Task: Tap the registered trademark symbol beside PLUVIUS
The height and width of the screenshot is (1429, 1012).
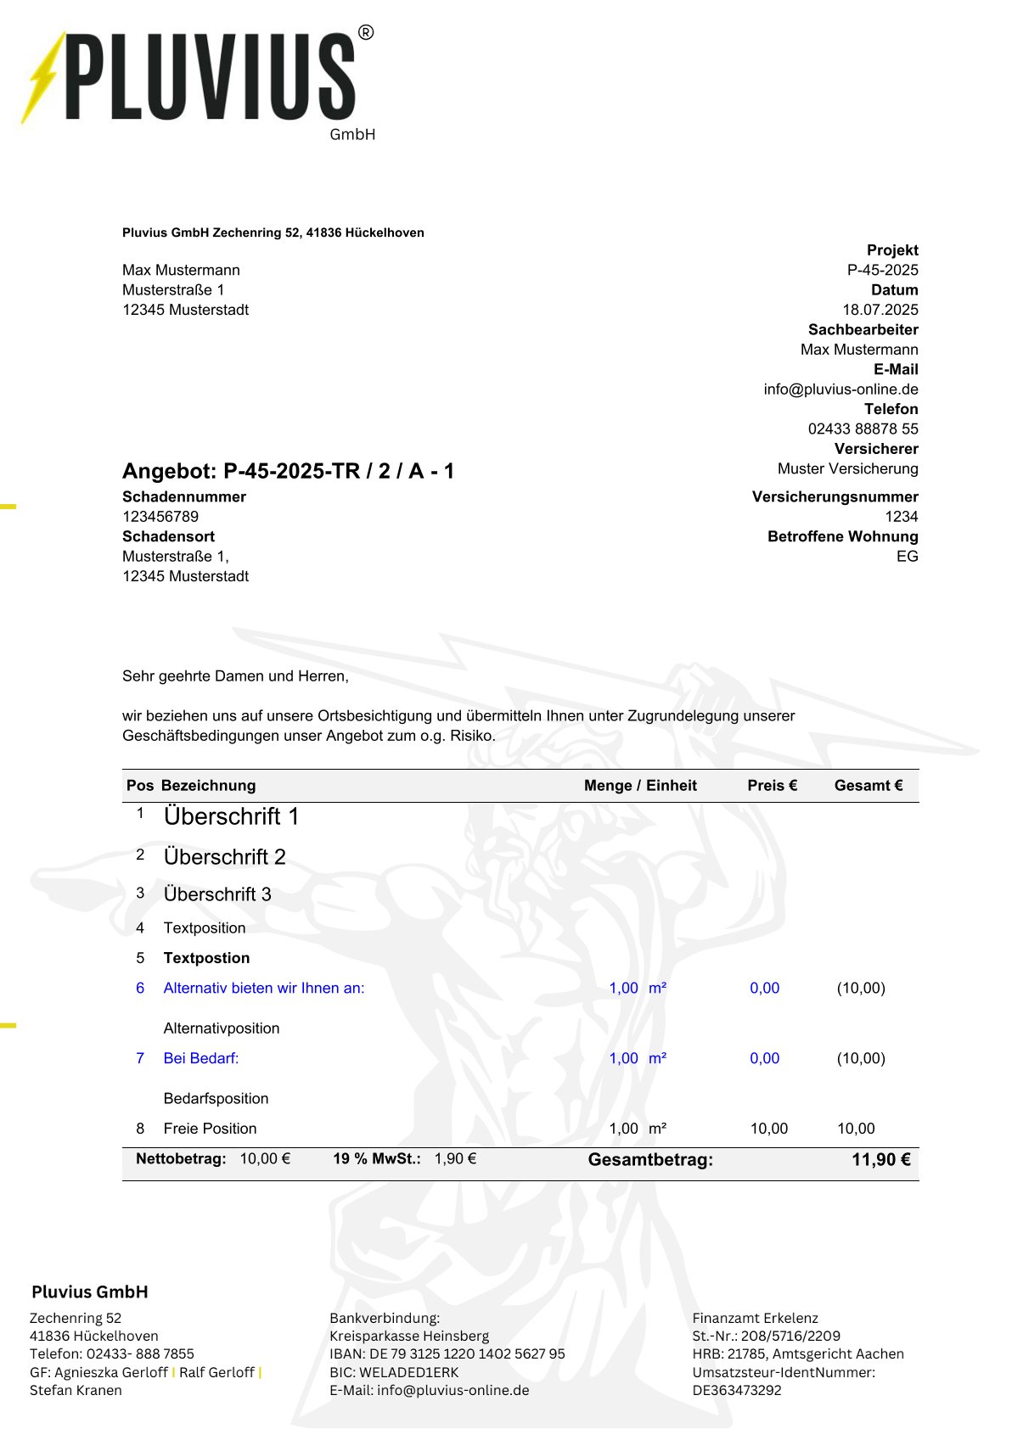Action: [x=366, y=33]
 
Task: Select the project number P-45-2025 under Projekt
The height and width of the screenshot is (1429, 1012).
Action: [x=882, y=270]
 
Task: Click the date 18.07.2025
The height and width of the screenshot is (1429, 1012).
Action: [x=880, y=310]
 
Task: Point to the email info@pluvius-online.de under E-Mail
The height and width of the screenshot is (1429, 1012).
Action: [x=841, y=389]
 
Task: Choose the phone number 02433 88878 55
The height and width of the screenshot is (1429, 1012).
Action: [x=863, y=429]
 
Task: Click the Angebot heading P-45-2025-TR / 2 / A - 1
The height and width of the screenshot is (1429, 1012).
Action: [x=288, y=471]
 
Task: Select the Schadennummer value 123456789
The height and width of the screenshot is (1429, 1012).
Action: [x=160, y=517]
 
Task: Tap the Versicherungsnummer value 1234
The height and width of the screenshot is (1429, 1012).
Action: [x=901, y=517]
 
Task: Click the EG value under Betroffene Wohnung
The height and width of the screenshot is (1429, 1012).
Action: [x=907, y=557]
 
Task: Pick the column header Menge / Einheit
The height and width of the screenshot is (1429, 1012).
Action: [x=640, y=786]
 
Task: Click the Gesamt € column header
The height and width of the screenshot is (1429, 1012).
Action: [x=868, y=786]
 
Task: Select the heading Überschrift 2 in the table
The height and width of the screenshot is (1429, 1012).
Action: [x=224, y=857]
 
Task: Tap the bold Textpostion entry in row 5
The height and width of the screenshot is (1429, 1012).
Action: [x=206, y=958]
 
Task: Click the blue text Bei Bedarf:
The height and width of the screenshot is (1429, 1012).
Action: [x=201, y=1058]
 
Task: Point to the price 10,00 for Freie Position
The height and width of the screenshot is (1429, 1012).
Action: [x=768, y=1129]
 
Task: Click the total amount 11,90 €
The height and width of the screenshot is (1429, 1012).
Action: [x=880, y=1160]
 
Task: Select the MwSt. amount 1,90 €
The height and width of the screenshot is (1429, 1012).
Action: [x=455, y=1159]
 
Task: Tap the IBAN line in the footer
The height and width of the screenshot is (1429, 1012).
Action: [x=447, y=1353]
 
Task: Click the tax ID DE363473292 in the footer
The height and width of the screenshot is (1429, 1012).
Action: [x=736, y=1390]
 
